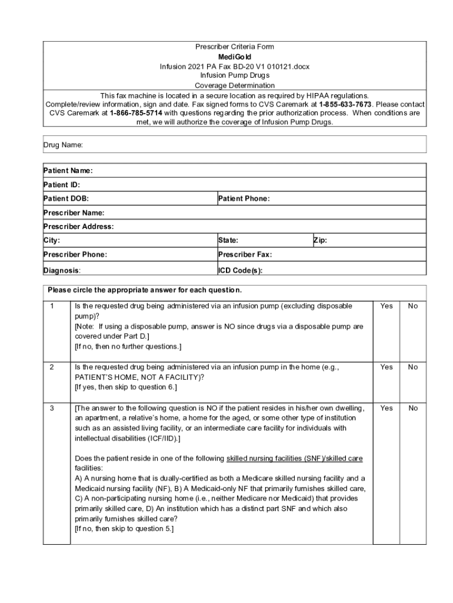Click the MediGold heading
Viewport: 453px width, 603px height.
tap(235, 57)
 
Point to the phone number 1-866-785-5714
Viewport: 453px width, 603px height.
tap(136, 113)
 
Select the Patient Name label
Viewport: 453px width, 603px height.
tap(68, 171)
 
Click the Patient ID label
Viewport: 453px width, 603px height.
tap(62, 185)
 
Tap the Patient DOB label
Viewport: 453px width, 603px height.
tap(66, 199)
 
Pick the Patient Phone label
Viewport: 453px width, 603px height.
tap(244, 199)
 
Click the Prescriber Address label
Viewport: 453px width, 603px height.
tap(78, 227)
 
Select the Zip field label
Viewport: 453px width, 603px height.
tap(321, 241)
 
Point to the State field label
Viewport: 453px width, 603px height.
tap(228, 241)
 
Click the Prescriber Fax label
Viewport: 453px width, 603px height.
tap(245, 255)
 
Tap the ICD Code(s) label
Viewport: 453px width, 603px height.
tap(240, 271)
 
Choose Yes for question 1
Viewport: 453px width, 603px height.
tap(387, 306)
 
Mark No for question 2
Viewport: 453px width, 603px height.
tap(413, 367)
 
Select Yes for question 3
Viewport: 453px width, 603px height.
tap(387, 408)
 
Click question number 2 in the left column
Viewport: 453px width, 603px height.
tap(52, 367)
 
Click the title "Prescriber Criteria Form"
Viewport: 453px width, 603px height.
tap(235, 47)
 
